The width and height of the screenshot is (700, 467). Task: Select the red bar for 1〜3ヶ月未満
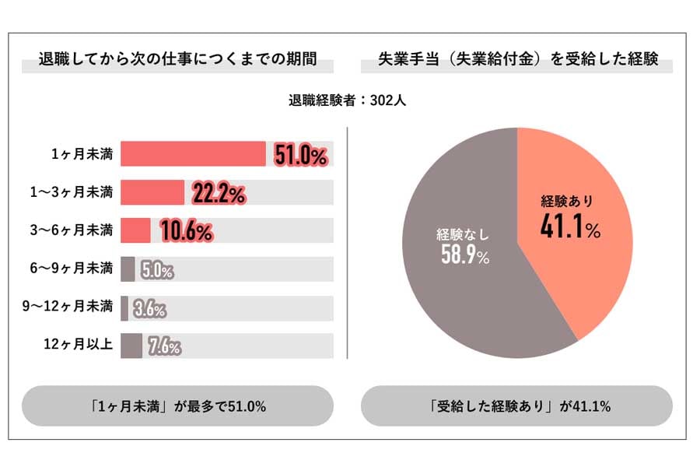(x=152, y=192)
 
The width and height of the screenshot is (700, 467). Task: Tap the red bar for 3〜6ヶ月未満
(x=135, y=230)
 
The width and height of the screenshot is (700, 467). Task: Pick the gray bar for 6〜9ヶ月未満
(x=128, y=269)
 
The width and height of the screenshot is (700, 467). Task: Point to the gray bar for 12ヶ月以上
(x=131, y=346)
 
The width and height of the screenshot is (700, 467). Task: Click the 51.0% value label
(x=300, y=156)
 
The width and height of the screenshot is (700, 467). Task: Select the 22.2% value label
(x=219, y=194)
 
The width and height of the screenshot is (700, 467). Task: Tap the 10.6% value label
(x=186, y=231)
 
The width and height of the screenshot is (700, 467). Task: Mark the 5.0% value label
(x=157, y=271)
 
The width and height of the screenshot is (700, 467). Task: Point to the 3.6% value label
(x=149, y=309)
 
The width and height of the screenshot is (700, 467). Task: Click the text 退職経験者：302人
(x=348, y=100)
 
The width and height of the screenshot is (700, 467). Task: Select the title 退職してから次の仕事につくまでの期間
(x=177, y=61)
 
